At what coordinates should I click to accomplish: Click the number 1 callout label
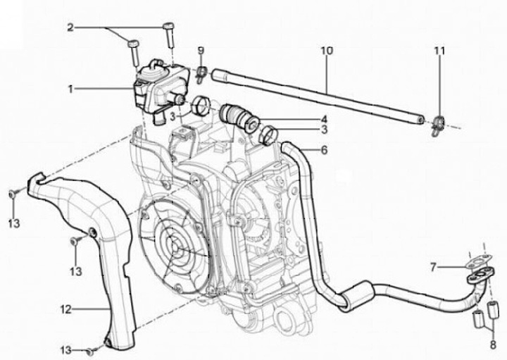pos(71,89)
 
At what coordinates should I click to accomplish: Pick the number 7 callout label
pos(435,267)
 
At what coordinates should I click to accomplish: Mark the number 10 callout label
pos(326,51)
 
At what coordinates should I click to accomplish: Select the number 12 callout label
pos(65,308)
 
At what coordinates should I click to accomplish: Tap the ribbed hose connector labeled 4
pos(236,116)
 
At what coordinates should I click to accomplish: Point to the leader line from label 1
pos(106,89)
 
